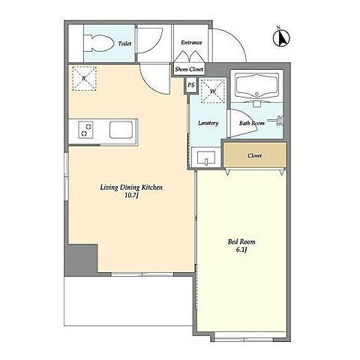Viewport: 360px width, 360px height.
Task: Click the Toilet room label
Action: [124, 43]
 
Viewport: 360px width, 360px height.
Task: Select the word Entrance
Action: [191, 43]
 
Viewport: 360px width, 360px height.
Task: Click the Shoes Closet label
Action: [189, 69]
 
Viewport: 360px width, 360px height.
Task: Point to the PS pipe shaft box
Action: [191, 85]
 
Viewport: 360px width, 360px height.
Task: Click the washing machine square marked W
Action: [213, 91]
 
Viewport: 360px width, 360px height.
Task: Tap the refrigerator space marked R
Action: [84, 79]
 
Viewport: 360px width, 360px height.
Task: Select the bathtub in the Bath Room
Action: [257, 87]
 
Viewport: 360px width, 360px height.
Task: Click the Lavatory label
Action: [208, 123]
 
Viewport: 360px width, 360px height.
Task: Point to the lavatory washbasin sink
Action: [206, 157]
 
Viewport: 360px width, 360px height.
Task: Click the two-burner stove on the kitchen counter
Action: [85, 130]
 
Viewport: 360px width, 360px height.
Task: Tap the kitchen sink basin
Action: [121, 130]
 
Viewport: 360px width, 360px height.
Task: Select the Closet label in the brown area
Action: [255, 155]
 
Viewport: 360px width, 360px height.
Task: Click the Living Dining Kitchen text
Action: [131, 187]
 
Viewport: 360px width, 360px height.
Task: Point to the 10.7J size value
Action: [131, 196]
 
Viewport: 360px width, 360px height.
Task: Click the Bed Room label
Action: [241, 241]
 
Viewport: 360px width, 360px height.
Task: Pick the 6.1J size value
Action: [241, 250]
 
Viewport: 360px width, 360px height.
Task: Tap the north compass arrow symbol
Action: [281, 38]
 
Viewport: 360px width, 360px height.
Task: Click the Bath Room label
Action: [252, 123]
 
